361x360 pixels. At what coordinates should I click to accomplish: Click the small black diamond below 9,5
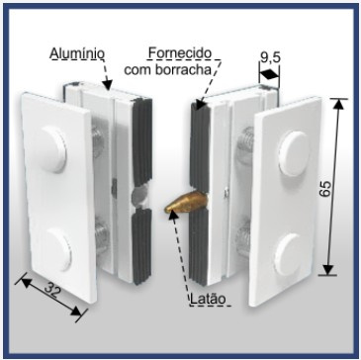269,75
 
